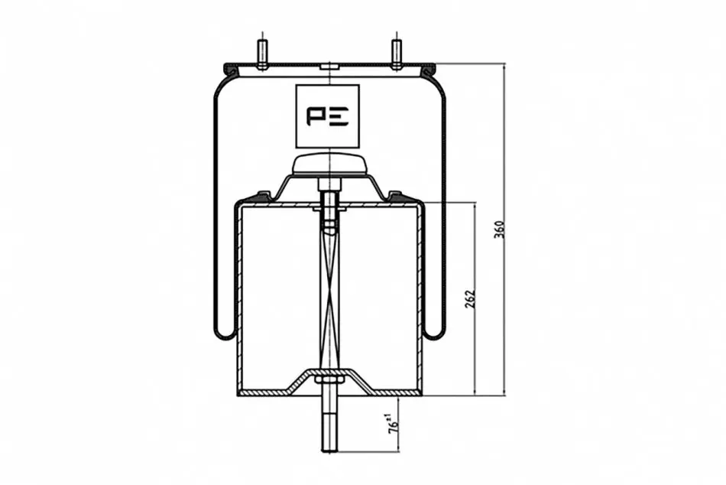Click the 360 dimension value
[499, 229]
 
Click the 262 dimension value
[469, 300]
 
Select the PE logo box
[327, 116]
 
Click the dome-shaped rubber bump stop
[329, 164]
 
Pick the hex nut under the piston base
[329, 380]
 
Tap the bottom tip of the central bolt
[329, 451]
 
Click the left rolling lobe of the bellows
[225, 330]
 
